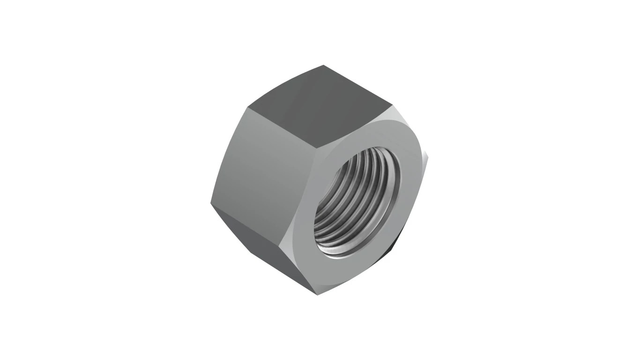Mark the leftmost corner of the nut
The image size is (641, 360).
click(211, 203)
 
